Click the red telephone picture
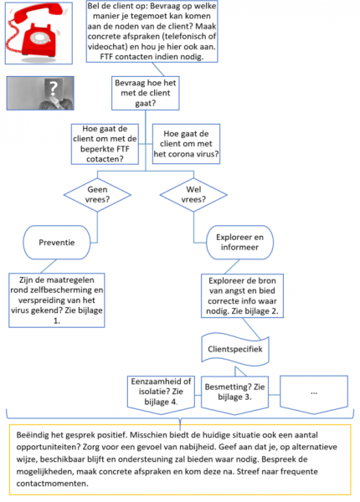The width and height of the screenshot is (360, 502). pyautogui.click(x=39, y=33)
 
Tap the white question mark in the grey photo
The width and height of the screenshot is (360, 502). pyautogui.click(x=54, y=87)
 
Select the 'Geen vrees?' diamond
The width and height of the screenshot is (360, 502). pyautogui.click(x=97, y=195)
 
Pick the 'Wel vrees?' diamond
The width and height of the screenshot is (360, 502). pyautogui.click(x=193, y=195)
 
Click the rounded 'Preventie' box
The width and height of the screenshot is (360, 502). pyautogui.click(x=56, y=243)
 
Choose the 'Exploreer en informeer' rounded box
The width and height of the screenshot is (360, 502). pyautogui.click(x=240, y=243)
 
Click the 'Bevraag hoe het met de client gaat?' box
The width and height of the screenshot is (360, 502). pyautogui.click(x=146, y=93)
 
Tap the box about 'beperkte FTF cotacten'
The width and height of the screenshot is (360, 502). pyautogui.click(x=105, y=144)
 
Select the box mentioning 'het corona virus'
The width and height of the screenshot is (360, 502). pyautogui.click(x=186, y=144)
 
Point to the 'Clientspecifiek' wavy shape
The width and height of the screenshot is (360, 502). pyautogui.click(x=235, y=350)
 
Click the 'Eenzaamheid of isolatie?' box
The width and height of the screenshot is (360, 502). pyautogui.click(x=161, y=394)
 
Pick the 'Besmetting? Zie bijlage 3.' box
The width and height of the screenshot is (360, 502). pyautogui.click(x=234, y=394)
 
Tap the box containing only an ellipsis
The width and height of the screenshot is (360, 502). pyautogui.click(x=314, y=394)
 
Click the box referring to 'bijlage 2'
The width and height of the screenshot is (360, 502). pyautogui.click(x=242, y=296)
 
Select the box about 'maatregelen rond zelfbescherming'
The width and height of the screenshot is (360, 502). pyautogui.click(x=57, y=300)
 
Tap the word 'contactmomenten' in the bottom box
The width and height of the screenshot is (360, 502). pyautogui.click(x=52, y=483)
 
